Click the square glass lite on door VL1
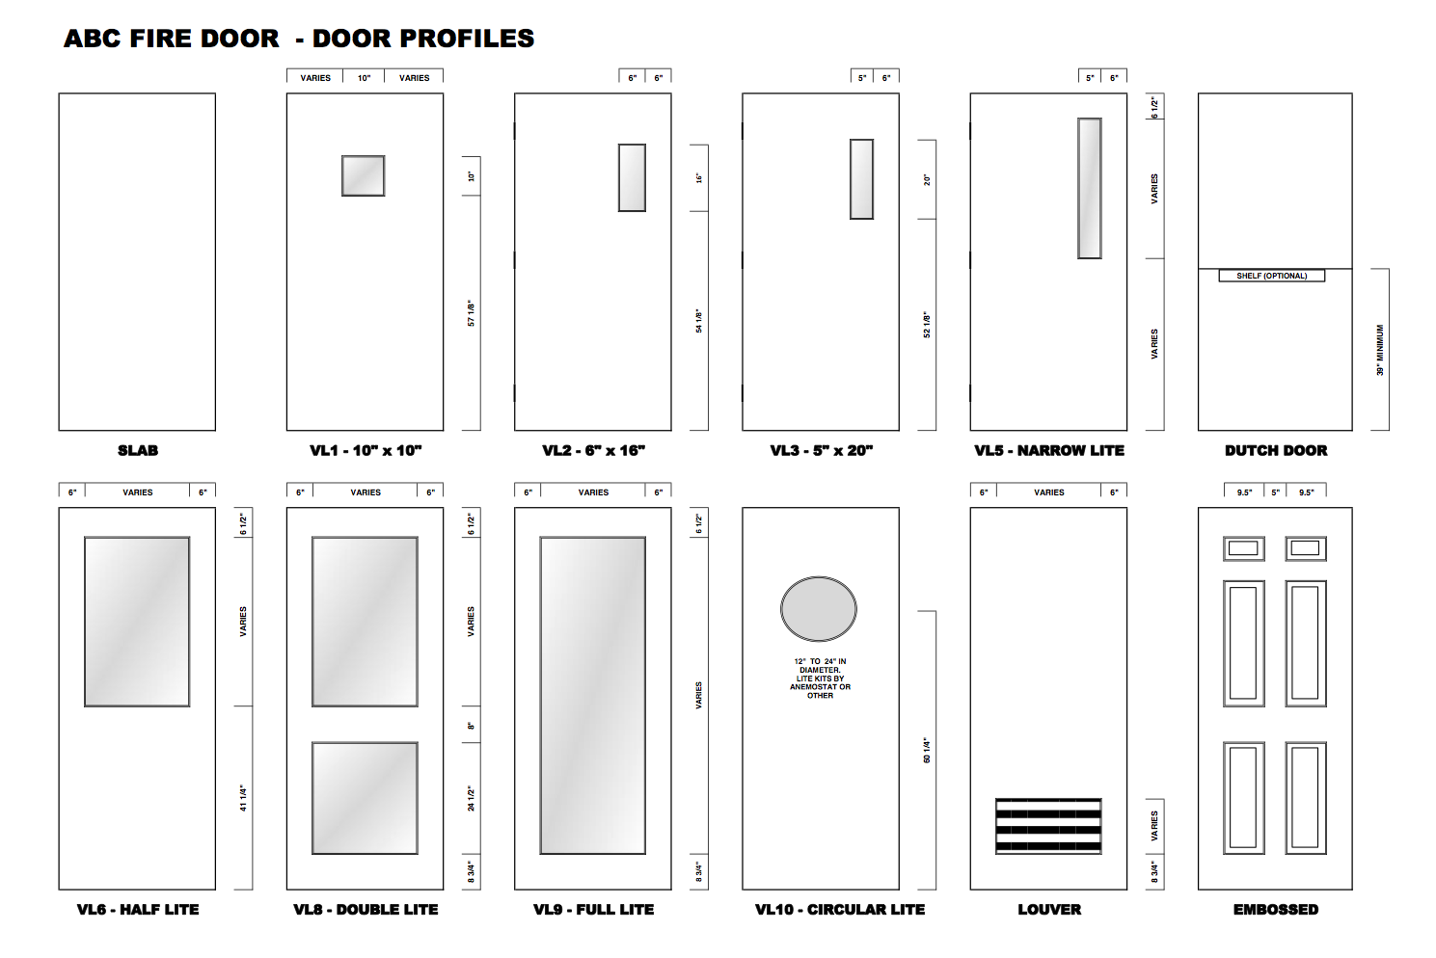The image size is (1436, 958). coord(364,176)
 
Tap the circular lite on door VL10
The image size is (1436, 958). coord(819,609)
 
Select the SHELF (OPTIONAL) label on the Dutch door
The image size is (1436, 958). coord(1272,276)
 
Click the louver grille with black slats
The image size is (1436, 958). coord(1048,826)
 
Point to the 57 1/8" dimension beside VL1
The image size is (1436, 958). coord(472,313)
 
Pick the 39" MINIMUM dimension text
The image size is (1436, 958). coord(1380,350)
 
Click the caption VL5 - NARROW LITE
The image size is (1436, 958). coord(1049,450)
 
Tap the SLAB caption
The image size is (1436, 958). coord(138,450)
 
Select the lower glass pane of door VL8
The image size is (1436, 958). coord(365,798)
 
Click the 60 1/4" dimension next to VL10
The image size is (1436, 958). coord(927,751)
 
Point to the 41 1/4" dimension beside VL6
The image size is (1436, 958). coord(243,798)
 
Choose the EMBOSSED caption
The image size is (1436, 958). coord(1276,909)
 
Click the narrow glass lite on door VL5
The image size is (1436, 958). coord(1090,188)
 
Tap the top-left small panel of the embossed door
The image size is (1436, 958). coord(1244,548)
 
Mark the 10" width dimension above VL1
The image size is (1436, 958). coord(365,78)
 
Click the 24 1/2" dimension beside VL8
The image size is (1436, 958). coord(472,798)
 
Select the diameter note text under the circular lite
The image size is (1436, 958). coord(820,679)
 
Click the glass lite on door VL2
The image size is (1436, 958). coord(633,178)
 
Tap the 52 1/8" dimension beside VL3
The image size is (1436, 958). coord(927,325)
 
